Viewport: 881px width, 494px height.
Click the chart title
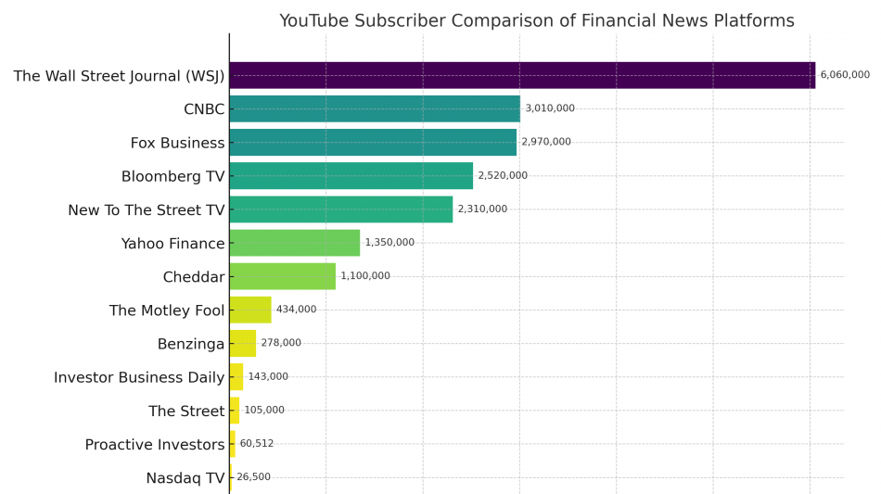click(536, 21)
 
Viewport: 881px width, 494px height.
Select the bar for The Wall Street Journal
click(522, 75)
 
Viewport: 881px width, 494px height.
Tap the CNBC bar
click(375, 108)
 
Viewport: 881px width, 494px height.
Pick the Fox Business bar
click(373, 142)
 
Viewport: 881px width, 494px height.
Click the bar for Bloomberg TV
click(351, 175)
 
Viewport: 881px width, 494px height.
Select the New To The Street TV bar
click(340, 209)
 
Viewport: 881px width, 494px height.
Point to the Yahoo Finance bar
click(294, 243)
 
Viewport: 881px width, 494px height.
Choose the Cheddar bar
click(282, 276)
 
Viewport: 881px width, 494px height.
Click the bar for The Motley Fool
click(250, 310)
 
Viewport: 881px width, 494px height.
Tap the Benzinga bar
click(243, 343)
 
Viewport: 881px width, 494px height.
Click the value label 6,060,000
click(845, 75)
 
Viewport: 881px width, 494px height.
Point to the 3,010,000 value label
click(550, 108)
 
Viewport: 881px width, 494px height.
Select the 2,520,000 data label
click(503, 176)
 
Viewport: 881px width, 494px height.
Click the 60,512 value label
click(257, 444)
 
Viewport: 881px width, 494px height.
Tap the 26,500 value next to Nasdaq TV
click(254, 477)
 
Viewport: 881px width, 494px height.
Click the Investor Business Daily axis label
click(139, 377)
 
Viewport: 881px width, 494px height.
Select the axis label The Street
click(186, 411)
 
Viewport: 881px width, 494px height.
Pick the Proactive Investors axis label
click(155, 445)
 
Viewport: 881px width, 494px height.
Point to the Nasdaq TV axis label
click(185, 478)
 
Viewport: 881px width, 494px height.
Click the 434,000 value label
click(296, 310)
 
